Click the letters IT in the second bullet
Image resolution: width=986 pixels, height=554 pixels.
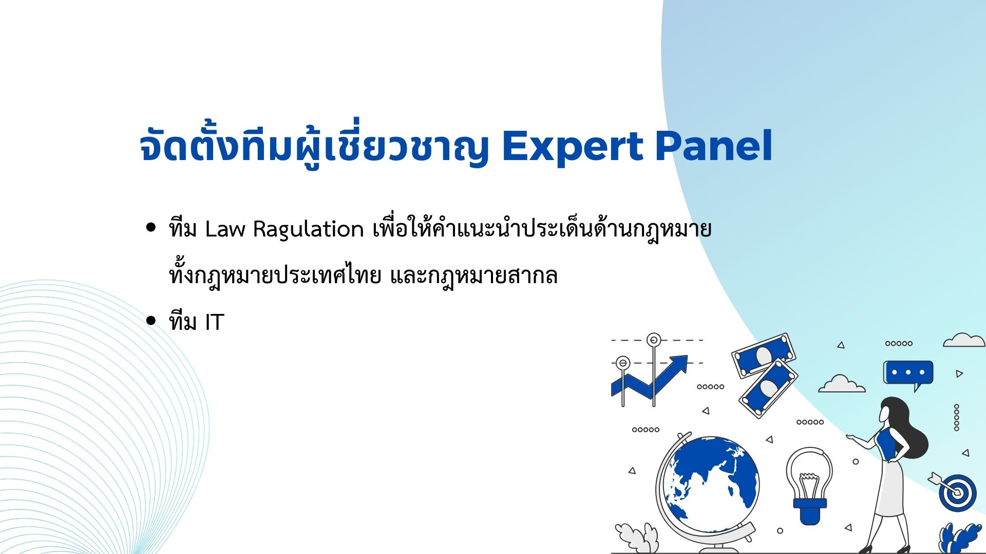point(215,322)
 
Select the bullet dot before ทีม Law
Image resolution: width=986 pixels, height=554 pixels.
point(150,227)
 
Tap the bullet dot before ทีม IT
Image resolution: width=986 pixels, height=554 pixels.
point(150,321)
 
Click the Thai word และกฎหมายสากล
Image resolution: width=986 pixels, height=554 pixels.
point(473,276)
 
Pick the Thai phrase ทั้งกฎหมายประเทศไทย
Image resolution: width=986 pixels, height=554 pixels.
point(275,275)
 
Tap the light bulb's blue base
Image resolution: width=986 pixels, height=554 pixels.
point(810,510)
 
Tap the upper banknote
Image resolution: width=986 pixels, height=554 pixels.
point(764,355)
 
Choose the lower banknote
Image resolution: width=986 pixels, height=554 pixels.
point(768,388)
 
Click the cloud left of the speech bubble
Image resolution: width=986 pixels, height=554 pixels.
point(841,384)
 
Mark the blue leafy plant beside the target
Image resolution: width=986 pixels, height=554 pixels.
point(959,538)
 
